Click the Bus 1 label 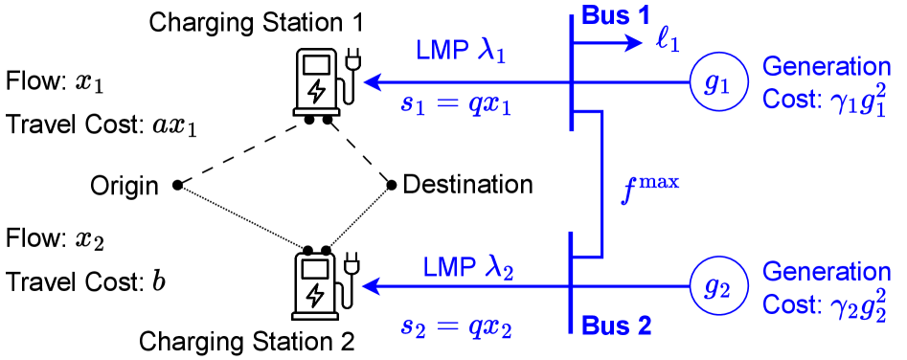(x=616, y=17)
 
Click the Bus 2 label (x=616, y=326)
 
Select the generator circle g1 (x=718, y=83)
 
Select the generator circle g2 (x=718, y=285)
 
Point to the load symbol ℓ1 (x=668, y=43)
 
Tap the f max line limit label (x=650, y=188)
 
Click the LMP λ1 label (x=461, y=52)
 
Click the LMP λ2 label (x=468, y=268)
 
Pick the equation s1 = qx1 (x=456, y=104)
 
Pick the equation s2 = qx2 (x=456, y=326)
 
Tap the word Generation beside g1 (x=827, y=67)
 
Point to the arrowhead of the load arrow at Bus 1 (x=637, y=43)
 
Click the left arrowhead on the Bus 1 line (x=372, y=82)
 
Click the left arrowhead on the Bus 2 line (x=370, y=285)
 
